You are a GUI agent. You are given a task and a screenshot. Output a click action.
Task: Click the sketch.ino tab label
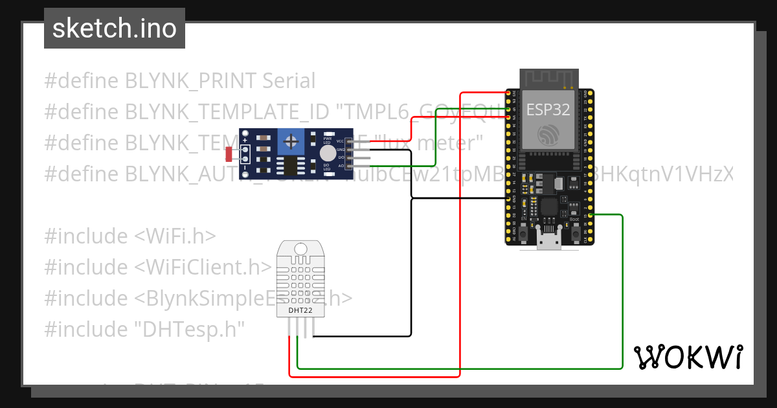pos(115,28)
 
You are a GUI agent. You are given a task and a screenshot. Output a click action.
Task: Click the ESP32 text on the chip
pos(548,109)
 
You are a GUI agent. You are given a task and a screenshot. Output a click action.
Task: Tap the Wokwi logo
pos(688,357)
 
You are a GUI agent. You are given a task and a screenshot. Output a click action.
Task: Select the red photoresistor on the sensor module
pos(229,154)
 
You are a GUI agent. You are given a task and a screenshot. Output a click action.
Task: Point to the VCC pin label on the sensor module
pos(341,141)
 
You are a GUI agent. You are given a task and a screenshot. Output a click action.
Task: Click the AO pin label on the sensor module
pos(341,166)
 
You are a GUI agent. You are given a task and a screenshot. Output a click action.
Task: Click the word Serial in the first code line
pos(289,81)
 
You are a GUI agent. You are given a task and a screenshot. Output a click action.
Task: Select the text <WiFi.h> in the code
pos(175,236)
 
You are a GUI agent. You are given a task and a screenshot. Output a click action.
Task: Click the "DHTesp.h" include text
pos(190,330)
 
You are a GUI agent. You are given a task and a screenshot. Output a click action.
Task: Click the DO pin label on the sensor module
pos(341,157)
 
